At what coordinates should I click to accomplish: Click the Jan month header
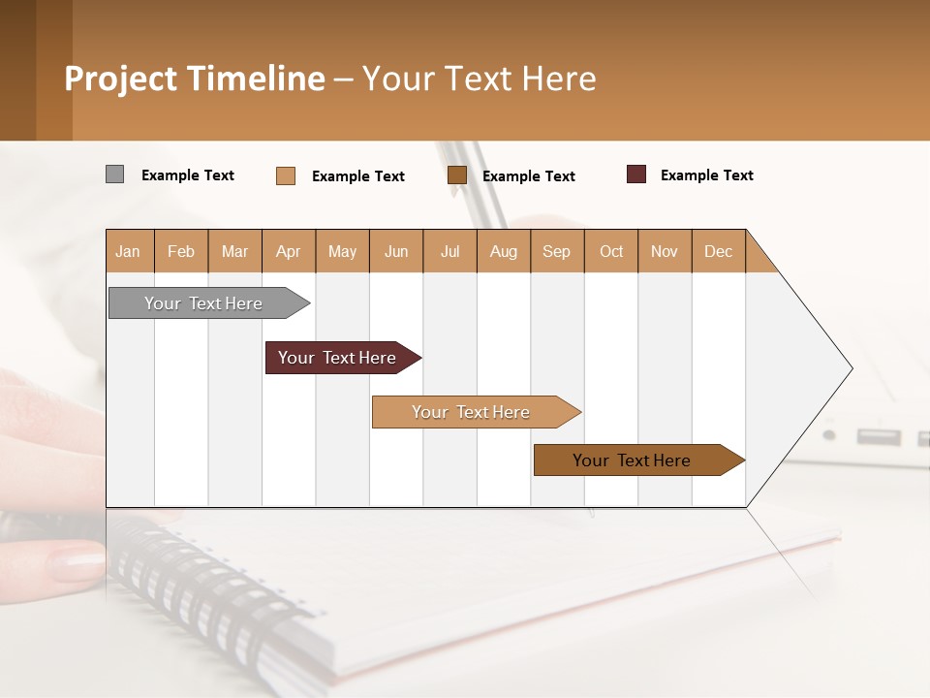click(128, 252)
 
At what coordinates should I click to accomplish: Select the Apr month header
click(289, 252)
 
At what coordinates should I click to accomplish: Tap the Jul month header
click(450, 252)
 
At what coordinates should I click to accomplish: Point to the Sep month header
click(556, 252)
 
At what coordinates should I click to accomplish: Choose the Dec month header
click(718, 252)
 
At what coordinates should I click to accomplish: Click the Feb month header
click(181, 252)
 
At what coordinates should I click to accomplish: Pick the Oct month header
click(611, 252)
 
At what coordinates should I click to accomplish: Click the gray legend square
click(114, 174)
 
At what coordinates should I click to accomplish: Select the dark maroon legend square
click(636, 174)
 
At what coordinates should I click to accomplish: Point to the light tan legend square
click(286, 175)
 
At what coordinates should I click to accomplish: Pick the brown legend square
click(457, 175)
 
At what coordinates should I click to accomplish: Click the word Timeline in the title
click(256, 79)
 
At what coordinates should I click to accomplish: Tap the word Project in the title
click(120, 79)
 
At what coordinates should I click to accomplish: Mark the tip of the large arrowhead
click(852, 368)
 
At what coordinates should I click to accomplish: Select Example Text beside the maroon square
click(707, 175)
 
